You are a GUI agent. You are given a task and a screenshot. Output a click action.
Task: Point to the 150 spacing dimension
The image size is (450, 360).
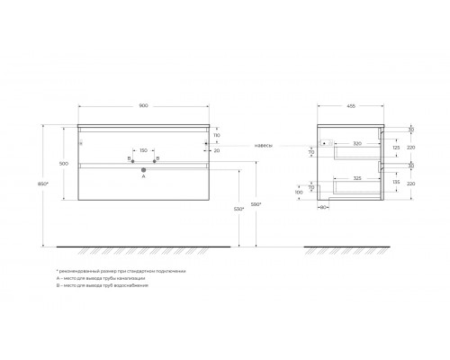click(x=144, y=150)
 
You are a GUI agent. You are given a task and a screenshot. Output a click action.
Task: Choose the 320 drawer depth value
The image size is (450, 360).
click(x=356, y=143)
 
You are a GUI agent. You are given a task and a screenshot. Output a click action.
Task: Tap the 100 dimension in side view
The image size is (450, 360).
click(x=299, y=192)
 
